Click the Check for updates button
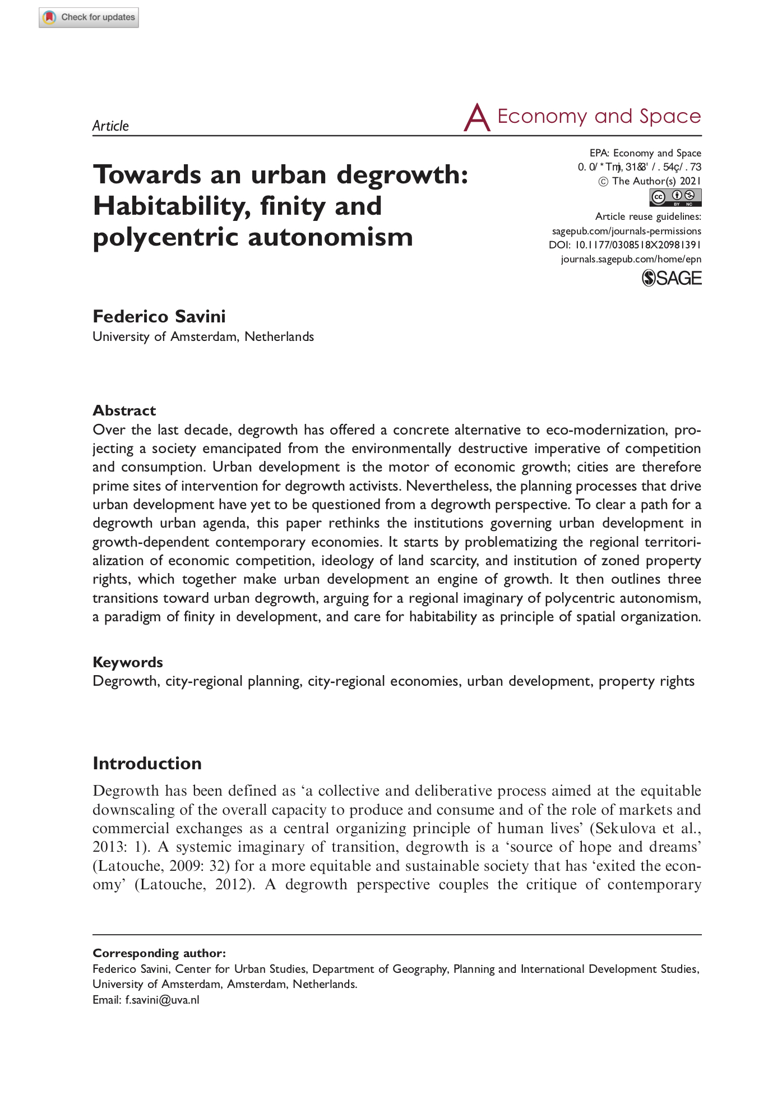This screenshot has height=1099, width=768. tap(89, 17)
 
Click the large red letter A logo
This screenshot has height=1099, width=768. tap(476, 118)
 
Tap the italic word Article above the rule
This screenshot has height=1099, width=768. tap(110, 126)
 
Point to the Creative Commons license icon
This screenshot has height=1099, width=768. tap(676, 197)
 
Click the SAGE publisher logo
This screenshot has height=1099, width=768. tap(672, 278)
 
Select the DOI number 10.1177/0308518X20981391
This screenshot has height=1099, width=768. tap(638, 245)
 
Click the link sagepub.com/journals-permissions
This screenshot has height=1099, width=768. tap(626, 231)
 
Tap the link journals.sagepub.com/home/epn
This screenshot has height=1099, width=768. tap(631, 259)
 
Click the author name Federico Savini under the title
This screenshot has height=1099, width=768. tap(159, 316)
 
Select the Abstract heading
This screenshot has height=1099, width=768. tap(124, 410)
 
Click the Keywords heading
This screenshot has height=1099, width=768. tap(127, 662)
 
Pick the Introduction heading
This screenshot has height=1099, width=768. tap(147, 763)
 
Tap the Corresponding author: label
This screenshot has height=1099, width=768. tap(159, 953)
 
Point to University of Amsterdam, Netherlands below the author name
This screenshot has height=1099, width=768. tap(203, 336)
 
